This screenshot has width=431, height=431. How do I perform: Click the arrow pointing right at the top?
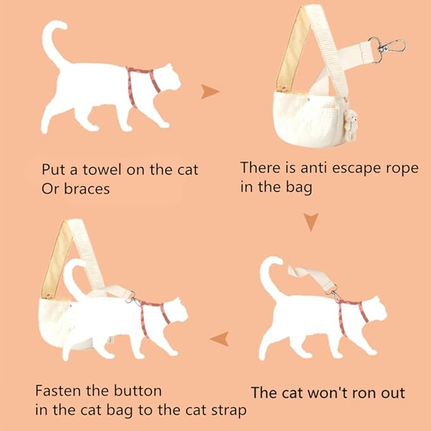pyautogui.click(x=210, y=92)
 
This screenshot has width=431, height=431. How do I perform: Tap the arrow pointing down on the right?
pyautogui.click(x=310, y=222)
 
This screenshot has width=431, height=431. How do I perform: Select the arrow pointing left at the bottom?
pyautogui.click(x=220, y=338)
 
